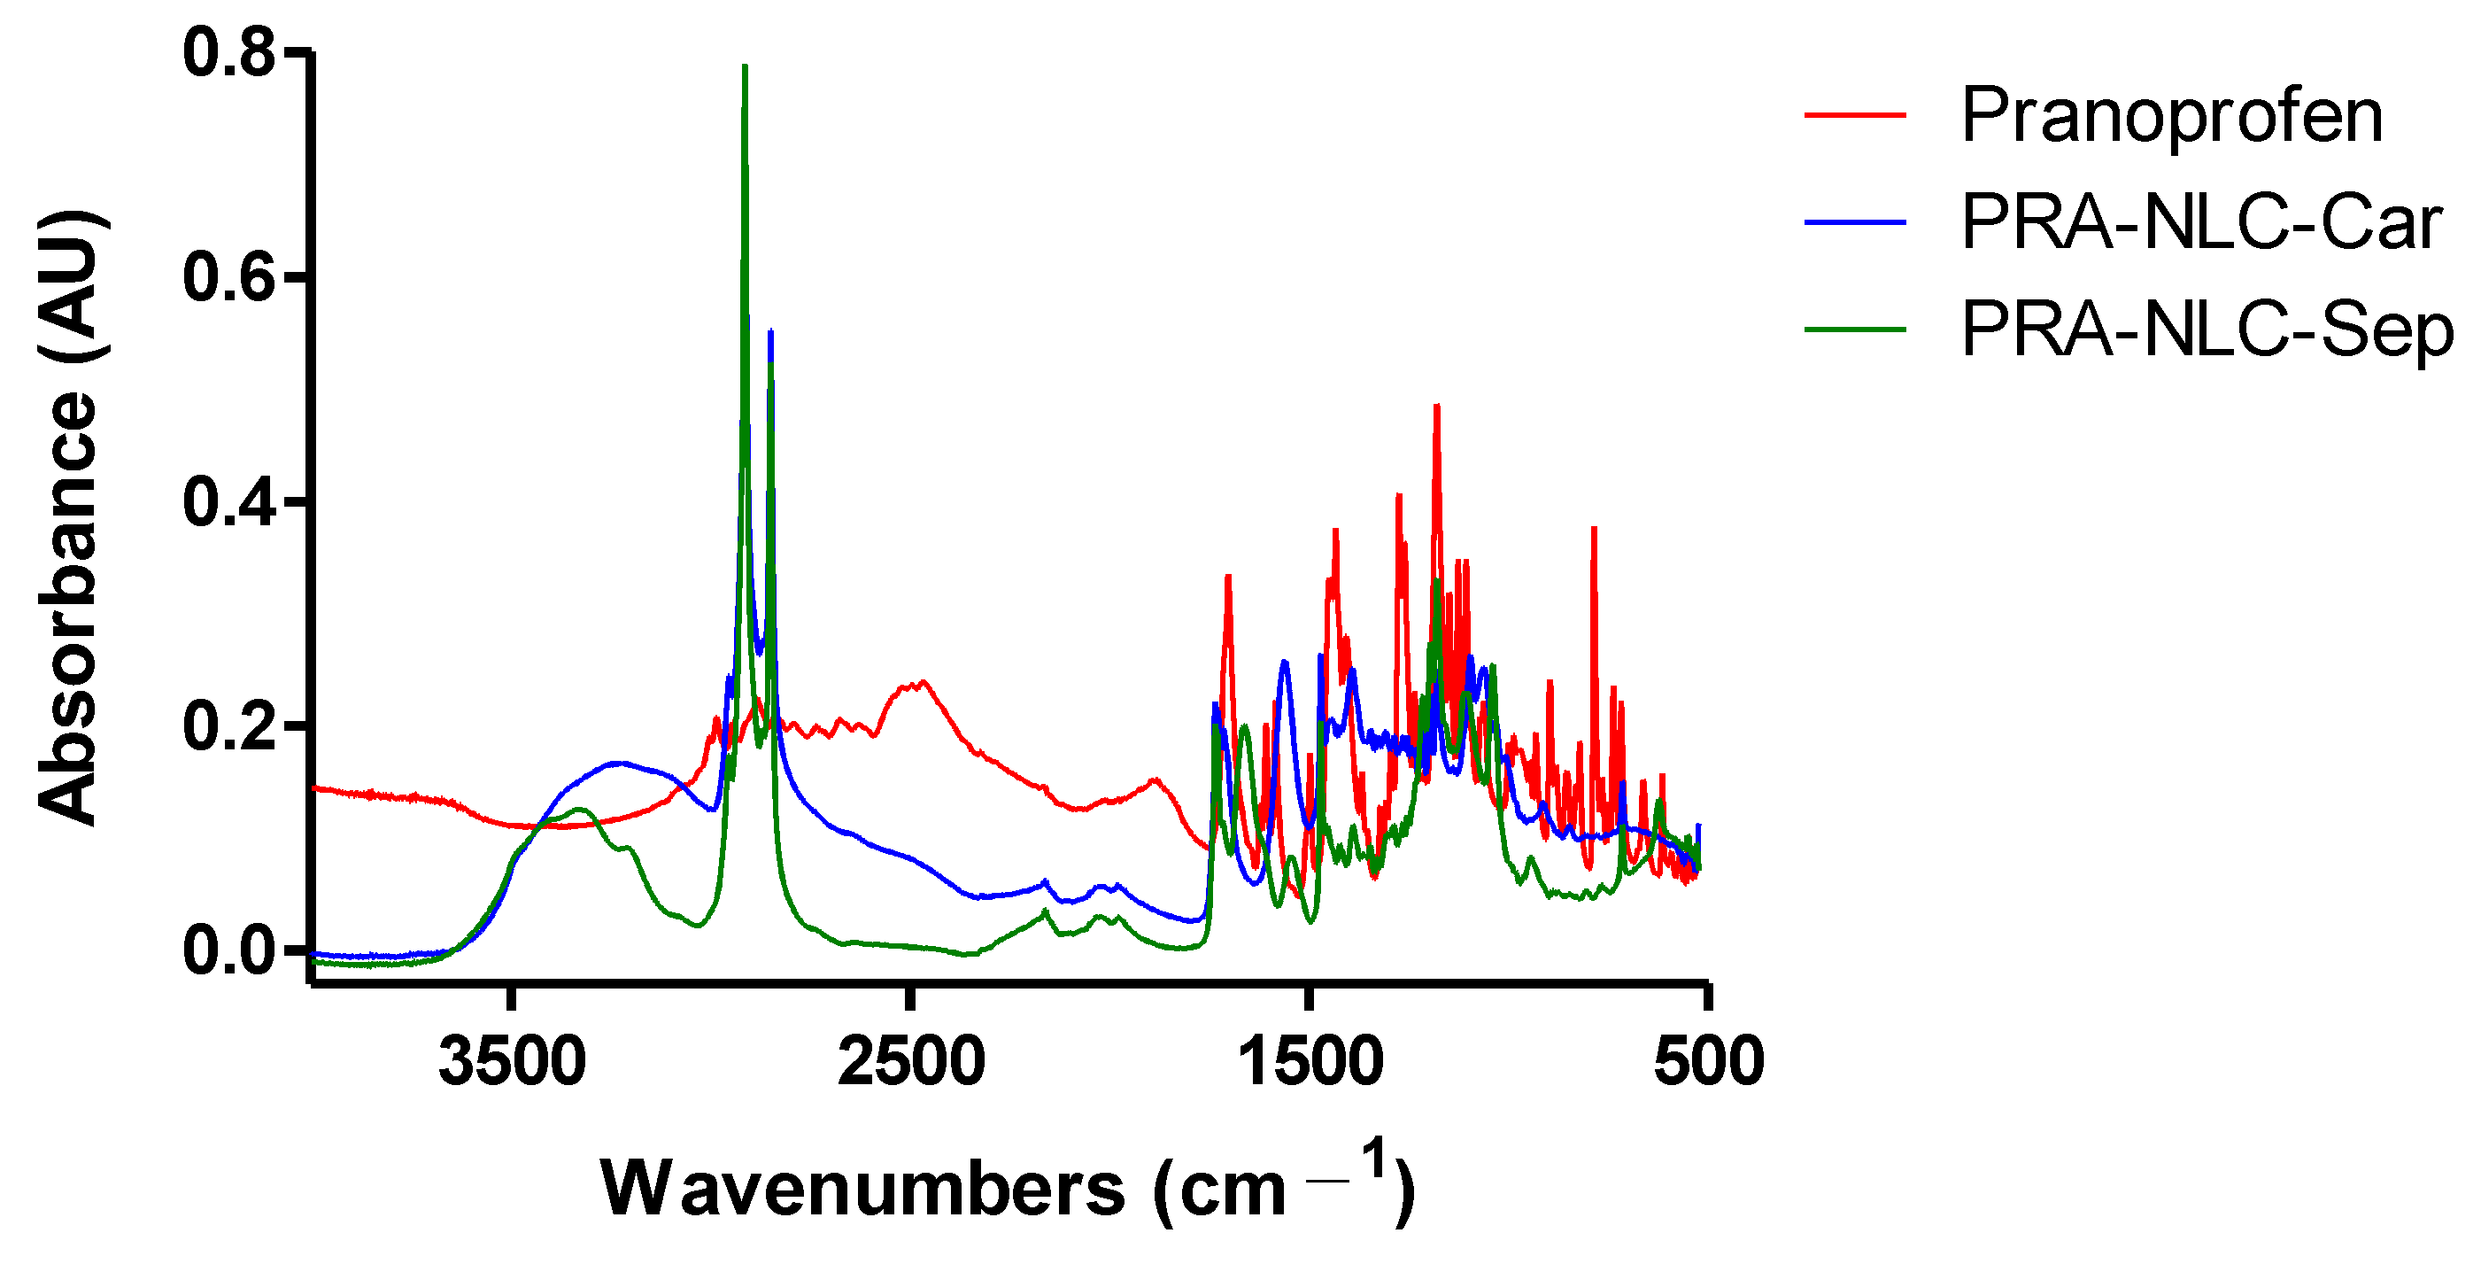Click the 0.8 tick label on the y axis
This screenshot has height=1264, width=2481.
pos(230,53)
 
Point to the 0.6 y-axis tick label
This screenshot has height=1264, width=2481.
pos(230,276)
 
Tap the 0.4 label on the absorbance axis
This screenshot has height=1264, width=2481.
pos(230,502)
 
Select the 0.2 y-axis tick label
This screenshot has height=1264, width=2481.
pos(230,726)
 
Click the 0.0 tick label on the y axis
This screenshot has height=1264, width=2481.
pos(230,951)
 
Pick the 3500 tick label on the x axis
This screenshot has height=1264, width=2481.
pos(513,1062)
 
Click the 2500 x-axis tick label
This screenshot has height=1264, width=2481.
pos(911,1062)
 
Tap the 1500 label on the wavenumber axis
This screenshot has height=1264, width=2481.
pos(1310,1062)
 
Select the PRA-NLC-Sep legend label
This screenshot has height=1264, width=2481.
pos(2207,330)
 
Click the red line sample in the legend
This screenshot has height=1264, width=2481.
pos(1855,116)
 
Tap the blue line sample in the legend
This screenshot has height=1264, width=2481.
pos(1855,222)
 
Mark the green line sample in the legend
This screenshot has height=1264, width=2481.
pos(1855,330)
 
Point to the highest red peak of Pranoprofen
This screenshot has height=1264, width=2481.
pos(1437,407)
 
